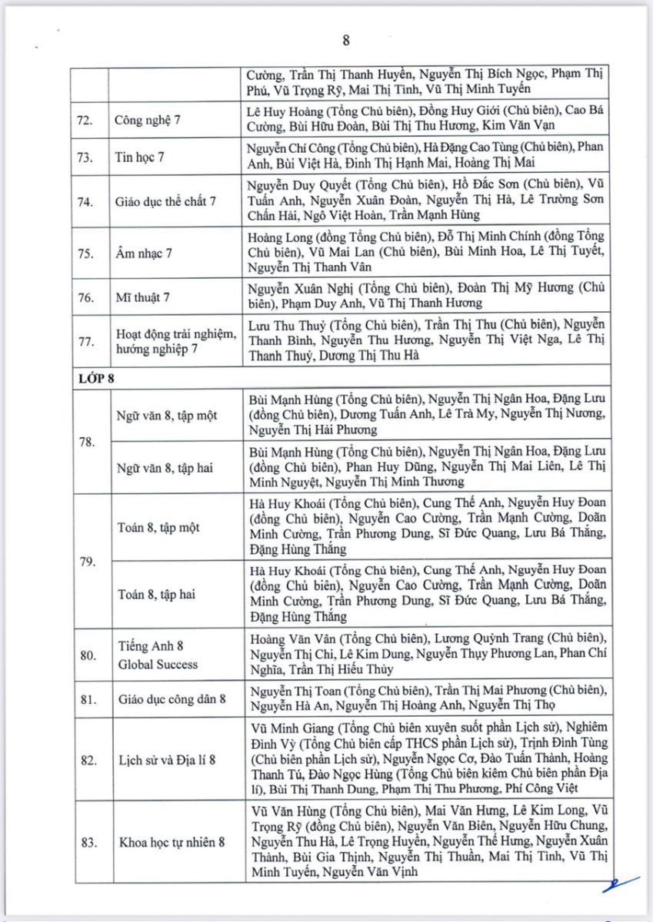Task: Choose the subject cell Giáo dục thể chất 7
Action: click(x=165, y=201)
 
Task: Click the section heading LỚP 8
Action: click(x=96, y=378)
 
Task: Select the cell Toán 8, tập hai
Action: click(x=155, y=594)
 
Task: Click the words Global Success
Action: click(x=158, y=665)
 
